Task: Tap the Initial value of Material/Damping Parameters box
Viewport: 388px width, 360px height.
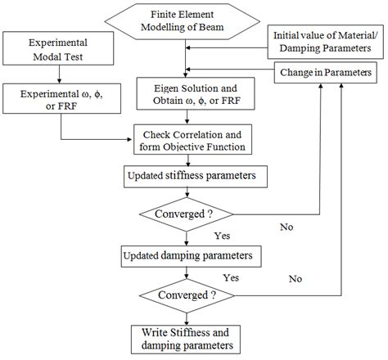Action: (325, 43)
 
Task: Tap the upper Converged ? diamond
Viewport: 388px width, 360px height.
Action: (190, 214)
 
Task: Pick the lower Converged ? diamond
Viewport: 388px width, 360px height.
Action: (190, 294)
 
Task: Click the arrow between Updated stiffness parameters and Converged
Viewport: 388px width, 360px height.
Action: (190, 191)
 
